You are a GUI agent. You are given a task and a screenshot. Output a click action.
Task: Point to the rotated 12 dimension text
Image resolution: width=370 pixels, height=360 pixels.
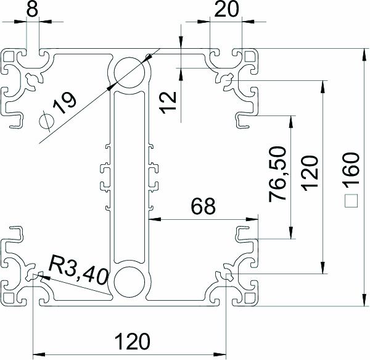[168, 99]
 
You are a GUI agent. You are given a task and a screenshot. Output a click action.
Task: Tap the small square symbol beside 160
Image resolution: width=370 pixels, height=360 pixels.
[351, 201]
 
